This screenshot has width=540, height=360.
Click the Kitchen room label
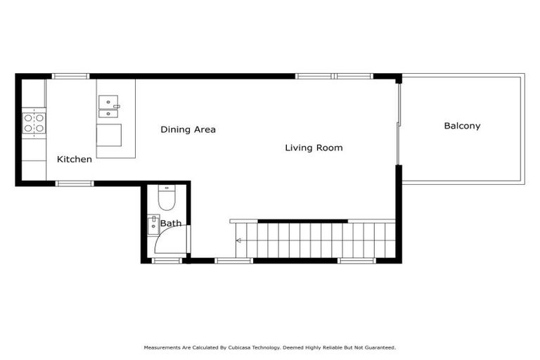pos(74,160)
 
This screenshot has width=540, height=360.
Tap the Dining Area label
pos(188,129)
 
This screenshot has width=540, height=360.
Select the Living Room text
pos(314,148)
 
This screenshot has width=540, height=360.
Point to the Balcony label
pos(462,127)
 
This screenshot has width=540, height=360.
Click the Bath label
pos(171,224)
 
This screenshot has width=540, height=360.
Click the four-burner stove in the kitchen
pos(34,123)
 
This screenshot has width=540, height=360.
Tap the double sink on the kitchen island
pos(109,107)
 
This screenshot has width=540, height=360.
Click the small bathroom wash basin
pos(153,225)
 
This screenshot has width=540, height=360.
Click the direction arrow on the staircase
pos(240,241)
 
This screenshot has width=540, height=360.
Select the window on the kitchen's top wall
pos(71,76)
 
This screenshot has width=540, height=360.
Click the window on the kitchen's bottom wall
pos(75,184)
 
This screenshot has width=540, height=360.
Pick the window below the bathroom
pos(167,261)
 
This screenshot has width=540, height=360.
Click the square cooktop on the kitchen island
pos(109,134)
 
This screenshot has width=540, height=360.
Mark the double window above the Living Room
pos(334,76)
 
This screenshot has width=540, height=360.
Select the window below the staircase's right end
pos(356,261)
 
